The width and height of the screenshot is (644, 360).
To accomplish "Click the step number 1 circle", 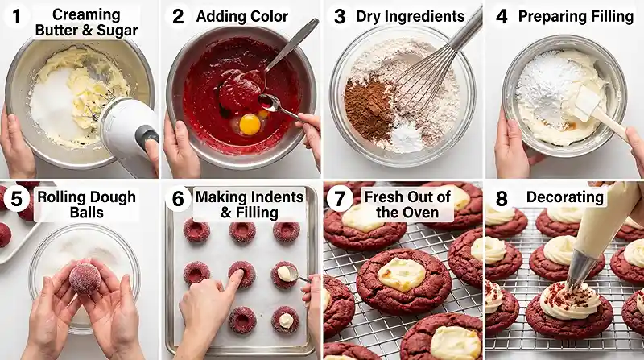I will point(15,16).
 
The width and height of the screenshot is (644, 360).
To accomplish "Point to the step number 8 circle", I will point(500,197).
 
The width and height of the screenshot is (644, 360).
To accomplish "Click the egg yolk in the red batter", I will point(250,123).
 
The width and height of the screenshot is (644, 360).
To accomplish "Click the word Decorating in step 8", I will point(566,197).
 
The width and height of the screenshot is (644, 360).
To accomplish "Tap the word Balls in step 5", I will point(85,213).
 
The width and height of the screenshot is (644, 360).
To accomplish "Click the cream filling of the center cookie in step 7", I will point(402,273).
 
